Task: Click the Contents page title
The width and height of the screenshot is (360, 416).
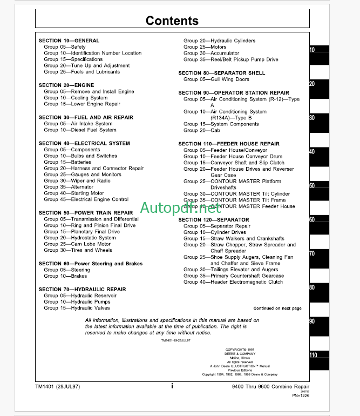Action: pyautogui.click(x=172, y=21)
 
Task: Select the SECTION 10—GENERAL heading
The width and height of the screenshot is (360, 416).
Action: pyautogui.click(x=69, y=41)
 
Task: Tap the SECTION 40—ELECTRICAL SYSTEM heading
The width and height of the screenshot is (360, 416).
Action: pyautogui.click(x=84, y=143)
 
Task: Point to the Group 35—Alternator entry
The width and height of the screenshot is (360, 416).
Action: pyautogui.click(x=69, y=187)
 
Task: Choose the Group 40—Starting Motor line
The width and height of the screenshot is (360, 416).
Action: pyautogui.click(x=74, y=193)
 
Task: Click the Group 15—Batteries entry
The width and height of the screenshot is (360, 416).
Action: pyautogui.click(x=67, y=162)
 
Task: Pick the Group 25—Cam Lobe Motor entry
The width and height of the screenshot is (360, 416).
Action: pyautogui.click(x=78, y=244)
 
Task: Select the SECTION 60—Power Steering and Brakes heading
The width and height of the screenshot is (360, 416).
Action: pyautogui.click(x=91, y=264)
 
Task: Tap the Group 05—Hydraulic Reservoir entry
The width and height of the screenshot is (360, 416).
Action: pyautogui.click(x=77, y=296)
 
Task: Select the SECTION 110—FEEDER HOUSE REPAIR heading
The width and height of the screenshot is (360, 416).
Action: pyautogui.click(x=229, y=144)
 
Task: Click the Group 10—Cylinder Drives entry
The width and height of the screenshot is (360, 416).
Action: pyautogui.click(x=215, y=232)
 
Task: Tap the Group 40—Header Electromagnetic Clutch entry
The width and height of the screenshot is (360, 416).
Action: pyautogui.click(x=233, y=282)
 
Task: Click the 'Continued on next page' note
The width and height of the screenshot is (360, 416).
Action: pyautogui.click(x=277, y=308)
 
